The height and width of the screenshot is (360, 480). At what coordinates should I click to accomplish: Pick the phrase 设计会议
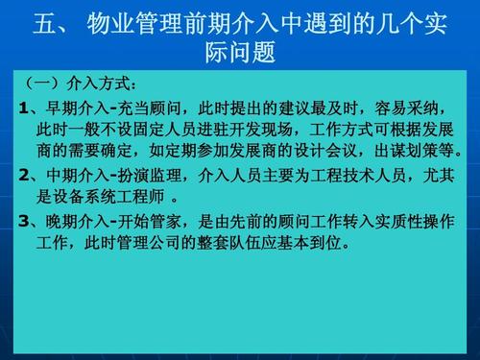[328, 151]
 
